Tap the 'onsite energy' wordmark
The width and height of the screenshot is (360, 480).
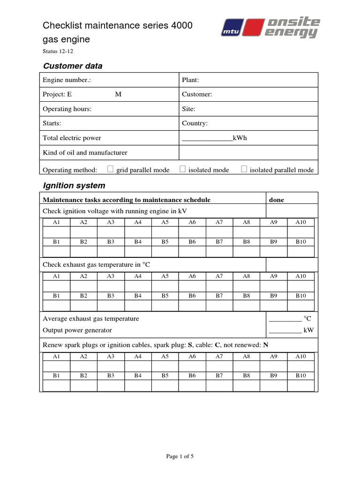[x=292, y=27]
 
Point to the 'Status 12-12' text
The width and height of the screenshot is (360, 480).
[x=58, y=52]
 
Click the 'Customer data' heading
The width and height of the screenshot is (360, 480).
[x=73, y=66]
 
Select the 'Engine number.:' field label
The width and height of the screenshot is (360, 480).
[x=67, y=80]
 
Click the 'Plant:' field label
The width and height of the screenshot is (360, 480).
[x=190, y=80]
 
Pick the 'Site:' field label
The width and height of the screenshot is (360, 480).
[x=188, y=109]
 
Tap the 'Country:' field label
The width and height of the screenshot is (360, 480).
[x=195, y=123]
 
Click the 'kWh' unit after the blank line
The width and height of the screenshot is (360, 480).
[x=240, y=138]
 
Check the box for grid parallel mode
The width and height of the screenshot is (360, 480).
[x=111, y=169]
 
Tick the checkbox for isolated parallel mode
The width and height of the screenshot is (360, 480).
[x=244, y=169]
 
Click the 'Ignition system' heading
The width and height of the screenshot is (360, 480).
[x=74, y=186]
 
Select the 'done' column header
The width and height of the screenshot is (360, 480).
[x=277, y=200]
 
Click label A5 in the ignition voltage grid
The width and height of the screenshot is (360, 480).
[x=165, y=222]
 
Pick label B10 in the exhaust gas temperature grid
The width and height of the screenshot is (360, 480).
[x=300, y=296]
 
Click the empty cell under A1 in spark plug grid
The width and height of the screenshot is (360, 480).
[x=56, y=366]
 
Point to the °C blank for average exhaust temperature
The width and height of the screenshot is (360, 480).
[x=285, y=319]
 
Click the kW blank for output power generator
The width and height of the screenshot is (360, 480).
[x=285, y=330]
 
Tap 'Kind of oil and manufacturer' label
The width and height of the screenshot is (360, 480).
[x=85, y=152]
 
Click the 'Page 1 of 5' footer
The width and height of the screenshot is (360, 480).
[x=180, y=457]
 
